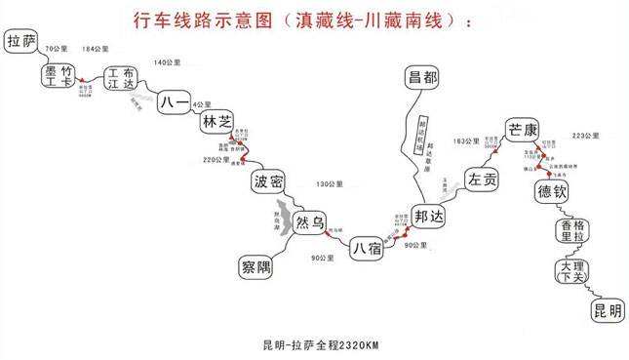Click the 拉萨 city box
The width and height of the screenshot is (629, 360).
(24, 42)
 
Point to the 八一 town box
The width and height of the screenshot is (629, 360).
(172, 100)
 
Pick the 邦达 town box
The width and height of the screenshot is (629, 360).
(428, 215)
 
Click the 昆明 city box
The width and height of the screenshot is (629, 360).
(605, 310)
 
